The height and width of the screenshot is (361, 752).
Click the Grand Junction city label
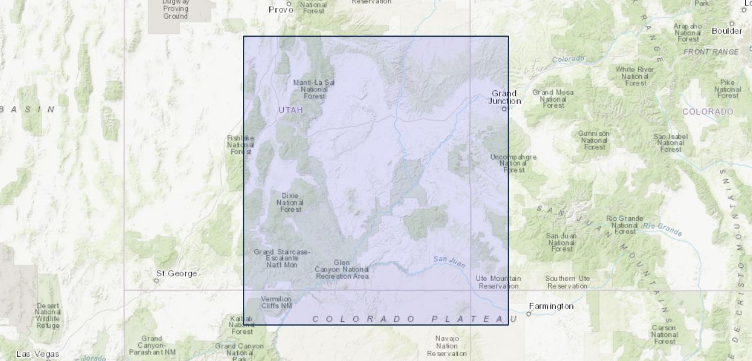(x=504, y=97)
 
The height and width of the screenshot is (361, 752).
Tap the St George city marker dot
(x=157, y=280)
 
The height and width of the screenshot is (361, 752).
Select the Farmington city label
(x=551, y=306)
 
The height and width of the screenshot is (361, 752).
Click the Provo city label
(x=280, y=10)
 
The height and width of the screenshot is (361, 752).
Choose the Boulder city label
(x=727, y=31)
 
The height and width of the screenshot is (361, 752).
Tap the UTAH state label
(x=291, y=110)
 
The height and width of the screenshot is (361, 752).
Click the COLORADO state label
(x=707, y=112)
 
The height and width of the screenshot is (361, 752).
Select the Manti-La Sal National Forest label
(x=314, y=89)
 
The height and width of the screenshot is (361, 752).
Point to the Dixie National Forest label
(x=290, y=202)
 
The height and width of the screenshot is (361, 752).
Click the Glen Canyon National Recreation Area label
(x=342, y=269)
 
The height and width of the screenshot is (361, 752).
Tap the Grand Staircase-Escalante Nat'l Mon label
(x=281, y=258)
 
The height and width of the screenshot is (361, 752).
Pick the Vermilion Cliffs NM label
(x=277, y=302)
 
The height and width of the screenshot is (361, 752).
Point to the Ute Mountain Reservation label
(x=498, y=282)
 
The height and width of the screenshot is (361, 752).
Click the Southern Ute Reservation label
(x=568, y=282)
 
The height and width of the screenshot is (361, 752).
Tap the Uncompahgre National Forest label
(x=513, y=164)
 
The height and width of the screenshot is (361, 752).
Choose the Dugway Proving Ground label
(x=175, y=9)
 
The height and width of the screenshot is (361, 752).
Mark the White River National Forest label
(x=634, y=76)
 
